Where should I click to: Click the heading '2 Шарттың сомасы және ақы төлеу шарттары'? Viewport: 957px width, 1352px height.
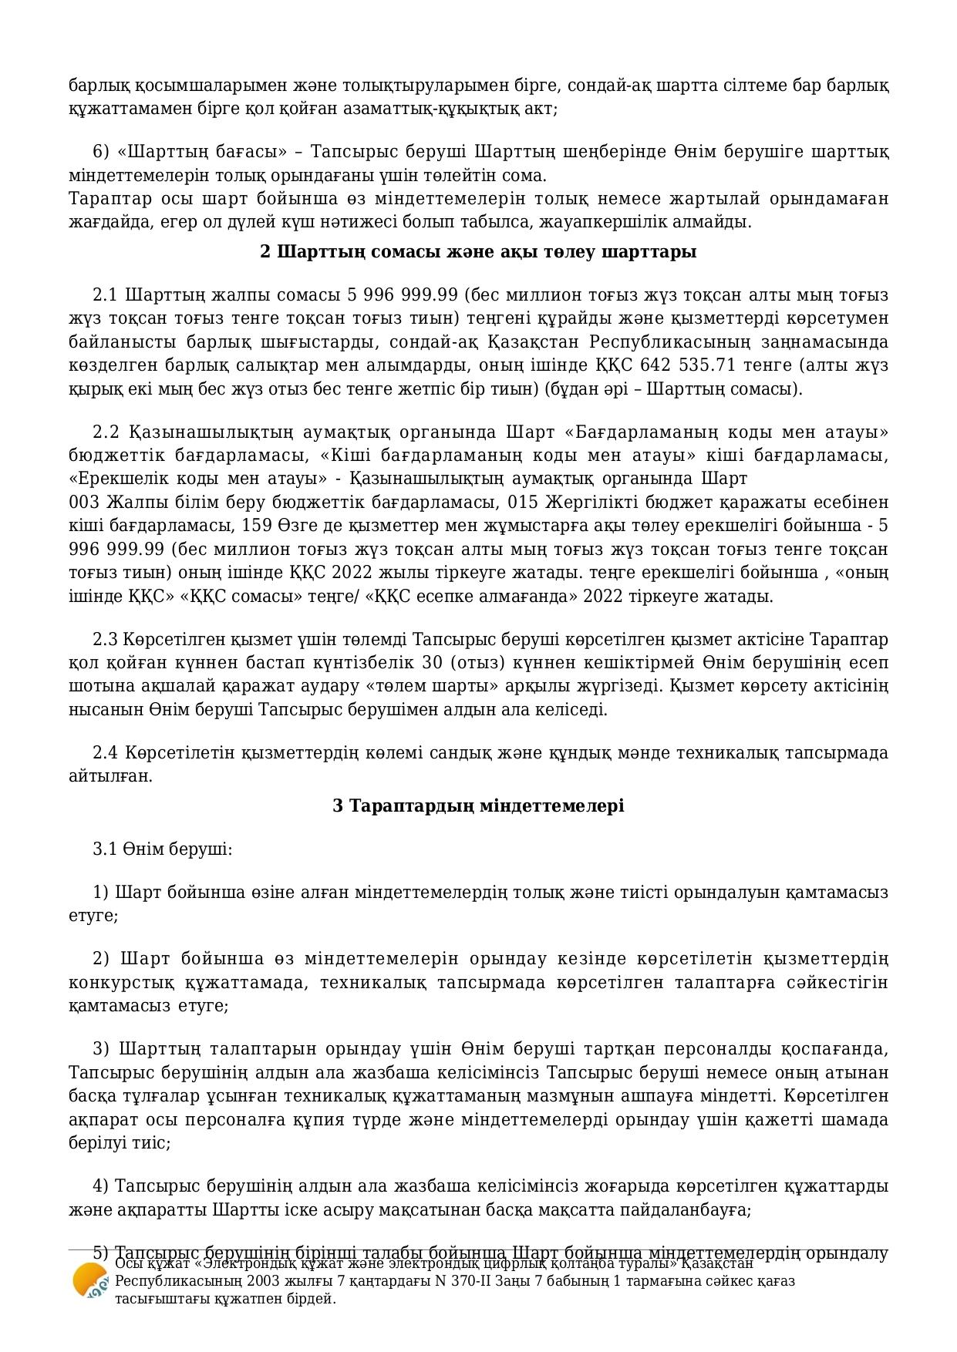(x=478, y=252)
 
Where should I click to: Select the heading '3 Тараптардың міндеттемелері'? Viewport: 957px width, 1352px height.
(x=478, y=805)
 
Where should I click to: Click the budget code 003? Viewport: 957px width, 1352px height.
(x=83, y=503)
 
